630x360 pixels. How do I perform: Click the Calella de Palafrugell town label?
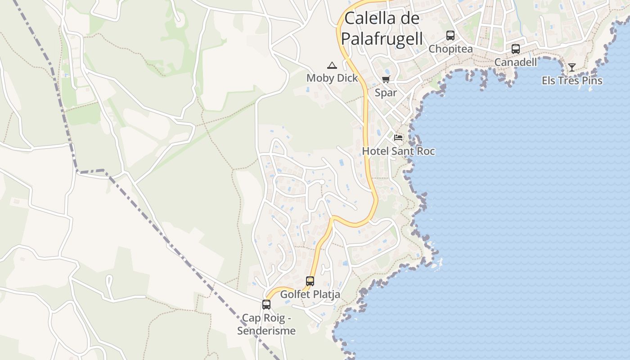(382, 28)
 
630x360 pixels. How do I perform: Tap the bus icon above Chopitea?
(450, 36)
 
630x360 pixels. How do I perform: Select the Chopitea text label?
(450, 49)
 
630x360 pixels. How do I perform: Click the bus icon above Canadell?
(516, 49)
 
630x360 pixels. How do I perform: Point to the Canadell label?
(516, 62)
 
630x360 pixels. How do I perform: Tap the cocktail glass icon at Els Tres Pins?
(571, 67)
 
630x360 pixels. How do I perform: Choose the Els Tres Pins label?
(571, 81)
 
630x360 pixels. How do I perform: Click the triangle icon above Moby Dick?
(332, 65)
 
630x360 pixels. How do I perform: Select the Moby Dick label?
(332, 78)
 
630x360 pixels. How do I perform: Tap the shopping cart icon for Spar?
(386, 80)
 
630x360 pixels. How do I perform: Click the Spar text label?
(386, 93)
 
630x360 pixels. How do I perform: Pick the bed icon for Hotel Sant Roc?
(398, 138)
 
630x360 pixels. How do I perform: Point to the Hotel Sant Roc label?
(398, 151)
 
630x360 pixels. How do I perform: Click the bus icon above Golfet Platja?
(310, 281)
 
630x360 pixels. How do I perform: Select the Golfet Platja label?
(310, 294)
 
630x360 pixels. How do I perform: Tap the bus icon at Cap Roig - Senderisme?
(266, 305)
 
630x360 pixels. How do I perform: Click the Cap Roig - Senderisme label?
(266, 324)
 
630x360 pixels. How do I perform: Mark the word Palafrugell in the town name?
(382, 39)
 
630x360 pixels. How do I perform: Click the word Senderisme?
(266, 331)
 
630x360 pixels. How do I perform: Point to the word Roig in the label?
(274, 318)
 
